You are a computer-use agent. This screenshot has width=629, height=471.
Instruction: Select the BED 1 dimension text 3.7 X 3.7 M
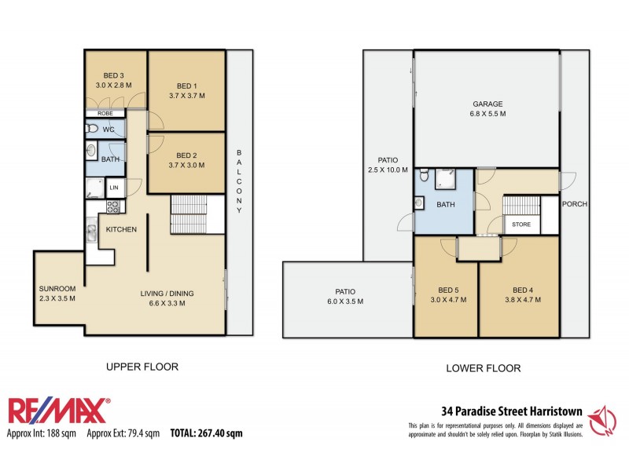pyautogui.click(x=186, y=96)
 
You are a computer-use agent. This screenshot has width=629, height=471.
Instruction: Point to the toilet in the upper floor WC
pyautogui.click(x=91, y=129)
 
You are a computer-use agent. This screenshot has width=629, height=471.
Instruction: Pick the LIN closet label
pyautogui.click(x=114, y=188)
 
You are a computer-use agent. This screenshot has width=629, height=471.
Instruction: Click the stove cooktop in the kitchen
pyautogui.click(x=112, y=207)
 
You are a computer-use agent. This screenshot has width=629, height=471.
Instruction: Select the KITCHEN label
pyautogui.click(x=122, y=229)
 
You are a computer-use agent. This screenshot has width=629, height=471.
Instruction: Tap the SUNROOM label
pyautogui.click(x=56, y=288)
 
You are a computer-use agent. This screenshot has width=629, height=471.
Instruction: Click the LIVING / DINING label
pyautogui.click(x=166, y=294)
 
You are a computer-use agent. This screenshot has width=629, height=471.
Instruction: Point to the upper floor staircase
pyautogui.click(x=189, y=214)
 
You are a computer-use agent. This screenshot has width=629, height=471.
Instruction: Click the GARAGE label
pyautogui.click(x=487, y=104)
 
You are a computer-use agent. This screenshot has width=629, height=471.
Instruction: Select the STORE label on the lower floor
pyautogui.click(x=521, y=225)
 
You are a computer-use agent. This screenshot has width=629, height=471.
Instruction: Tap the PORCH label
pyautogui.click(x=576, y=204)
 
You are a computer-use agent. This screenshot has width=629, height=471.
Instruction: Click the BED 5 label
pyautogui.click(x=446, y=288)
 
